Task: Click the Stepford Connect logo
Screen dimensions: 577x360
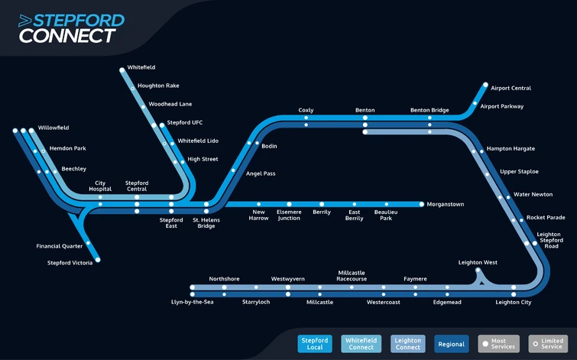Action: coord(71,28)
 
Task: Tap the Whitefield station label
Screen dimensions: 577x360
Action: coord(141,67)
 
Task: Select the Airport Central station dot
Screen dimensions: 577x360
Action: coord(485,85)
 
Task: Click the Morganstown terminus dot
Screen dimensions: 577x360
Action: coord(422,204)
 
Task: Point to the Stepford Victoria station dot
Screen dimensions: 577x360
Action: coord(98,260)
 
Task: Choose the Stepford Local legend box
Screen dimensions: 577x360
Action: coord(315,344)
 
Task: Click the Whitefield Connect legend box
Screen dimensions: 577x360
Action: coord(361,344)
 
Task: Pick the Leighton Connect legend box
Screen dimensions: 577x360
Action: coord(408,344)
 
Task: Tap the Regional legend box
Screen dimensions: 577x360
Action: coord(452,344)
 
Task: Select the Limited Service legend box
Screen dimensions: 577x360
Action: coord(548,344)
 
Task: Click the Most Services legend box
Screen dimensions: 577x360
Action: coord(498,344)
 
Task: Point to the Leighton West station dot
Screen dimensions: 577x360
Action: coord(478,270)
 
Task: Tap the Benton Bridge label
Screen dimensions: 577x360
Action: coord(430,110)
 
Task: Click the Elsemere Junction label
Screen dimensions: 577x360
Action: coord(289,215)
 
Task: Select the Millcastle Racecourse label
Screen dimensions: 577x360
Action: coord(352,276)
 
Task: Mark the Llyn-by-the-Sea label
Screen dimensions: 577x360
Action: coord(192,302)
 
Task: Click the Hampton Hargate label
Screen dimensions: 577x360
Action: coord(511,149)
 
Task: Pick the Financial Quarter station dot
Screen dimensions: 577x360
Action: coord(88,243)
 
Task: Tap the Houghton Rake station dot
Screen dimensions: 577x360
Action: coord(132,89)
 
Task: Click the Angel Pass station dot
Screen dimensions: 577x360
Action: coord(233,170)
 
